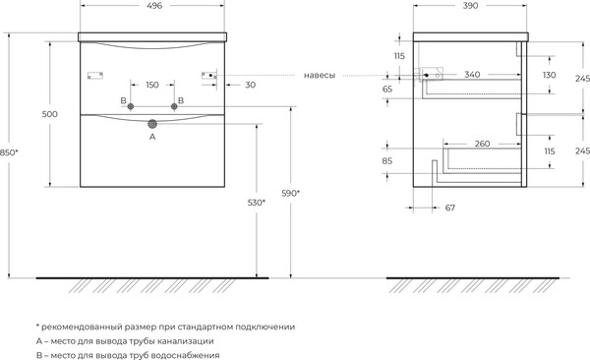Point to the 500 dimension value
click(50, 114)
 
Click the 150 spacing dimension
click(152, 84)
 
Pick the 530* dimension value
click(257, 202)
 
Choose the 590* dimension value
click(290, 193)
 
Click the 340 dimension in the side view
click(472, 74)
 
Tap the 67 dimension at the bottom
click(450, 208)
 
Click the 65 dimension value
click(387, 89)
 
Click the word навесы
click(320, 74)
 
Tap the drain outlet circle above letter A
click(152, 125)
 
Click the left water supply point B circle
click(130, 104)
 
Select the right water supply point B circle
click(175, 104)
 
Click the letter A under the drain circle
click(152, 139)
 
